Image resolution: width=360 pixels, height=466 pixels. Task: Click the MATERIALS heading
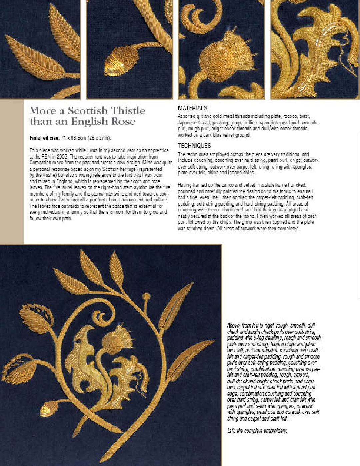coord(192,108)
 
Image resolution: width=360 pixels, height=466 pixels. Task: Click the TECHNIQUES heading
coord(194,146)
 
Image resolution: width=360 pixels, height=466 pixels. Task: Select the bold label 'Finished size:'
coord(44,138)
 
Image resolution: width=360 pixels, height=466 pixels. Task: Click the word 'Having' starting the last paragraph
coord(185,185)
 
